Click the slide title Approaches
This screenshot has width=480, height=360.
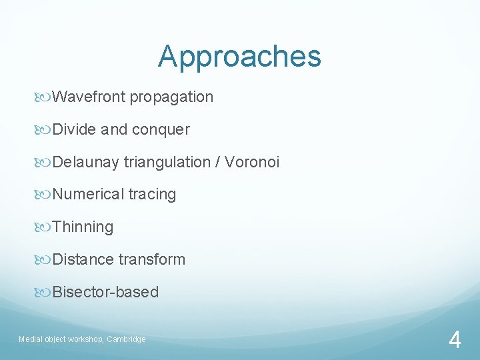pyautogui.click(x=239, y=57)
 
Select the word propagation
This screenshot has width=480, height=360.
pyautogui.click(x=171, y=97)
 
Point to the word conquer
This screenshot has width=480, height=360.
pyautogui.click(x=161, y=130)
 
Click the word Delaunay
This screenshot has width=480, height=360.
pyautogui.click(x=86, y=162)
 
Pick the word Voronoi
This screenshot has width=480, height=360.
pyautogui.click(x=253, y=162)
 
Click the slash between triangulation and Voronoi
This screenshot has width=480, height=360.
pyautogui.click(x=219, y=162)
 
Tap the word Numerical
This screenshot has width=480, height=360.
pyautogui.click(x=88, y=195)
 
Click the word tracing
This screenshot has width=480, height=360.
pyautogui.click(x=152, y=195)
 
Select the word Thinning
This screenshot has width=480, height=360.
pyautogui.click(x=83, y=227)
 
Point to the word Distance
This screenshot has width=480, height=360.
pyautogui.click(x=83, y=259)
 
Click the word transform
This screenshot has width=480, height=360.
pyautogui.click(x=152, y=259)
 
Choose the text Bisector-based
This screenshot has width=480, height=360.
pyautogui.click(x=105, y=292)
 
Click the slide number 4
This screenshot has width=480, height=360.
pyautogui.click(x=455, y=341)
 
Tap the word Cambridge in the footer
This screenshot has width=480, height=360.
pyautogui.click(x=125, y=339)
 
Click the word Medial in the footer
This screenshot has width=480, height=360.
pyautogui.click(x=29, y=339)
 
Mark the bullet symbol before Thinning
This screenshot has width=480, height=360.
pyautogui.click(x=45, y=227)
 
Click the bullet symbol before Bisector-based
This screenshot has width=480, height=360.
pyautogui.click(x=45, y=292)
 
